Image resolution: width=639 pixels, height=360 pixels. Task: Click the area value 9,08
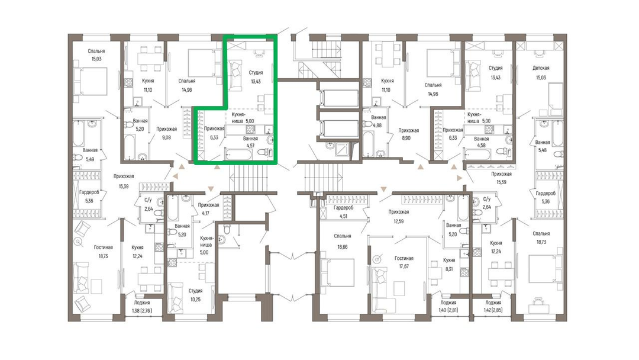[x=167, y=138]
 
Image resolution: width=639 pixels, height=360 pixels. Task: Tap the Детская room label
[x=541, y=68]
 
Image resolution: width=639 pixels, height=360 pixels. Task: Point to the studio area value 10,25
[x=195, y=299]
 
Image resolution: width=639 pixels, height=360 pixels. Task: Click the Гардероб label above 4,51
[x=343, y=207]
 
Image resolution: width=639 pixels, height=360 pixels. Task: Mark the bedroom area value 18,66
[x=343, y=247]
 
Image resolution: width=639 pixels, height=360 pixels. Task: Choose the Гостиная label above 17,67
[x=404, y=258]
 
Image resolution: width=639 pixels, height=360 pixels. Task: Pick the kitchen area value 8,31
[x=448, y=269]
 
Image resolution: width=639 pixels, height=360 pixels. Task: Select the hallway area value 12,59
[x=399, y=221]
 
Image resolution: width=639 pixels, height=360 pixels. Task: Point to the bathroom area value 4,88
[x=379, y=126]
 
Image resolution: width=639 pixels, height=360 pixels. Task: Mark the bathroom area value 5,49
[x=90, y=159]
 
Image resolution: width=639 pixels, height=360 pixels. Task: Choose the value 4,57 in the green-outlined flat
[x=250, y=145]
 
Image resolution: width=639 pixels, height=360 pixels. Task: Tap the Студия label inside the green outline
[x=256, y=73]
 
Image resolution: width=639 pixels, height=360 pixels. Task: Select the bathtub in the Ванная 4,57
[x=238, y=155]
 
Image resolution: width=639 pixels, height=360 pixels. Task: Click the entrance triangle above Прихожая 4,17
[x=211, y=188]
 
